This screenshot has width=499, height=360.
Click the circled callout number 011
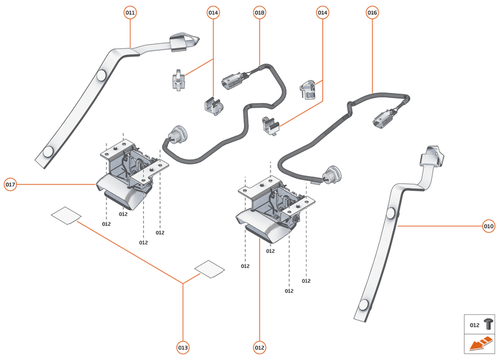click(130, 12)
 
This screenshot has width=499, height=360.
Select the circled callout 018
click(260, 12)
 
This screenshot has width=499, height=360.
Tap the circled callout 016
click(372, 12)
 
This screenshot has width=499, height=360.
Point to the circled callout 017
click(10, 185)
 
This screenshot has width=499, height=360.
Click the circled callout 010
click(488, 226)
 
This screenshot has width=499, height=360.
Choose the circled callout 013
click(183, 348)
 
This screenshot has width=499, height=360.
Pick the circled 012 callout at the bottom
click(260, 348)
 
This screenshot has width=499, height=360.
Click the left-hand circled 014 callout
click(213, 12)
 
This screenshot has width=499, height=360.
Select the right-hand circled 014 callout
click(322, 12)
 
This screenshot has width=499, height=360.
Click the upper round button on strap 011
click(101, 75)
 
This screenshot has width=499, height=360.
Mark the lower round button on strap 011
click(48, 152)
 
